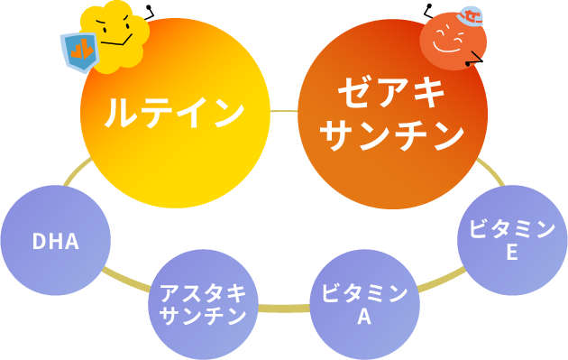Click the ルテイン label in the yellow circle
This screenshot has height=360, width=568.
174,113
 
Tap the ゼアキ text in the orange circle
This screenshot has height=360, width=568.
392,92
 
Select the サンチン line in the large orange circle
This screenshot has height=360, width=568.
392,134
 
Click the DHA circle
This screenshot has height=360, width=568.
56,240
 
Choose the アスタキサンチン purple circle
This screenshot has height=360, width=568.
203,305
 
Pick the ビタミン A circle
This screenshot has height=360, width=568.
364,305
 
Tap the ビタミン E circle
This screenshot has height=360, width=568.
512,240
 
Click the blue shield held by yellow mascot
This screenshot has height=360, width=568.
80,51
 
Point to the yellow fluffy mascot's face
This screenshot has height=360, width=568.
115,32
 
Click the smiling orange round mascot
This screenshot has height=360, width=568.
453,41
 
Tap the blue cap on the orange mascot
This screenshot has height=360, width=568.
471,16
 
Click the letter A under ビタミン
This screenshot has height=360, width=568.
364,317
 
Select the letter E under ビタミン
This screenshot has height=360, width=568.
512,252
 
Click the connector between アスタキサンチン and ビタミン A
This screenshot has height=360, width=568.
284,309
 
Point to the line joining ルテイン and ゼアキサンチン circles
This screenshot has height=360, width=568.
284,111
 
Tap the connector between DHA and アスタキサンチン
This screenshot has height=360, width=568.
126,281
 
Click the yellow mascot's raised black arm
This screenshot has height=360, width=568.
150,13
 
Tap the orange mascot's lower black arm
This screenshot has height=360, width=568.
474,59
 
